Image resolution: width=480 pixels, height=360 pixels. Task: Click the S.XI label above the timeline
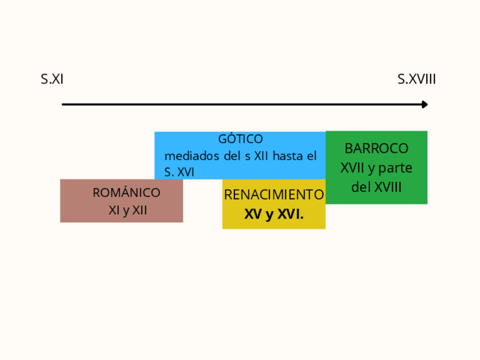click(52, 79)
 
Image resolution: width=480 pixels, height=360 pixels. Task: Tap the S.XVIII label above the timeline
click(417, 79)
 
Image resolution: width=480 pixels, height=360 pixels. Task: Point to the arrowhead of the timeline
click(425, 104)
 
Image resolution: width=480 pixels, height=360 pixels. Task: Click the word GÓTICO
click(241, 139)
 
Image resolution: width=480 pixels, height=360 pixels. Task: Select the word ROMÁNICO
click(126, 193)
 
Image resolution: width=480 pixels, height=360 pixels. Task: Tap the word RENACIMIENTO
click(274, 195)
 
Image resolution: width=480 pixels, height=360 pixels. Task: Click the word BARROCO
click(376, 148)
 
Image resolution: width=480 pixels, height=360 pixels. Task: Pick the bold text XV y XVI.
click(274, 215)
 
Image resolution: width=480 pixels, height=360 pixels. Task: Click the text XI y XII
click(128, 211)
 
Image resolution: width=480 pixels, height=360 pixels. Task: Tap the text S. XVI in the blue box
click(179, 172)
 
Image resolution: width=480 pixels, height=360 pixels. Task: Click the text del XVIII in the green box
click(376, 187)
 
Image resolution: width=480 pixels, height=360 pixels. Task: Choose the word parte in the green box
click(396, 168)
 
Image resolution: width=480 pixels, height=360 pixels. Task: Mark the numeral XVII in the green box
click(353, 168)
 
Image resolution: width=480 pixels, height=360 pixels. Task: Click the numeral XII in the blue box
click(262, 156)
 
